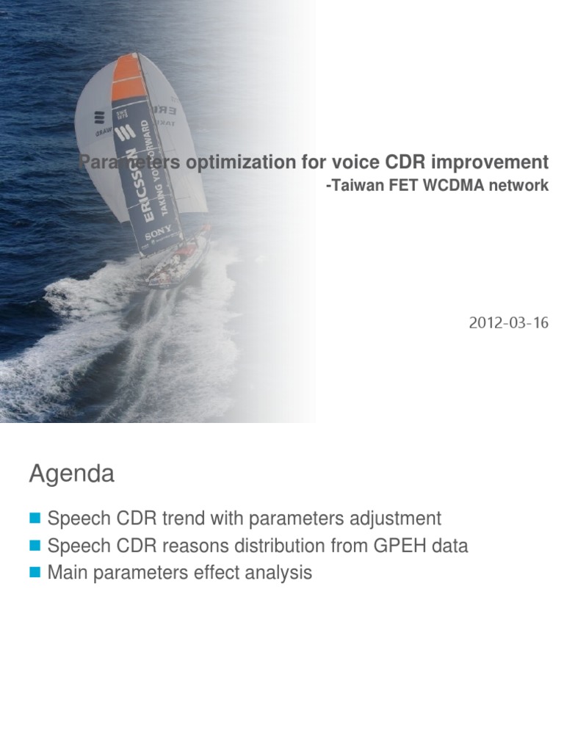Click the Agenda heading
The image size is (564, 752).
click(71, 474)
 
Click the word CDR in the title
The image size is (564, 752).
click(406, 162)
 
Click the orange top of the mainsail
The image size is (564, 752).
click(126, 76)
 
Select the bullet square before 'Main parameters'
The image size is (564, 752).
click(34, 573)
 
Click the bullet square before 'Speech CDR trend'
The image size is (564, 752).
click(34, 519)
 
